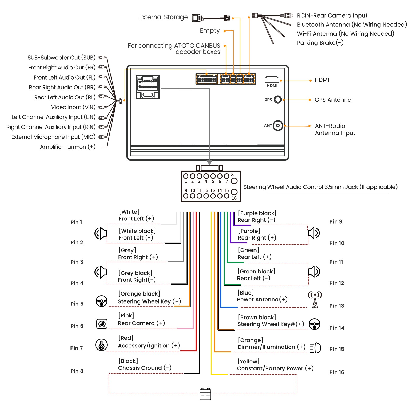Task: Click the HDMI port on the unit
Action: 272,79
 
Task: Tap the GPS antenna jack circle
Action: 278,99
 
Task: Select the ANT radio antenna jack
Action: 278,126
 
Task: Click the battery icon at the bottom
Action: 205,394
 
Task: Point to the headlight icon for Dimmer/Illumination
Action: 315,348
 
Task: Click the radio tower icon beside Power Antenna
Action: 315,300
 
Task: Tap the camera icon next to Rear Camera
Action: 102,324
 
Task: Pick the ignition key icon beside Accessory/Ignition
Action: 101,345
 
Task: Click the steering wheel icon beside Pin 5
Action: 101,301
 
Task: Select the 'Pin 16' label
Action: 337,372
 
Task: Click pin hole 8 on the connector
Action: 234,181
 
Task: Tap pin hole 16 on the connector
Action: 234,192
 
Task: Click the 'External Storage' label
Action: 163,17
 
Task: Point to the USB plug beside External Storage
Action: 198,18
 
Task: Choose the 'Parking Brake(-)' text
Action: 320,43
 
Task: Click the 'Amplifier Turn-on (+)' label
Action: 68,147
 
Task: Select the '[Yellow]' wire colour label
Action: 248,361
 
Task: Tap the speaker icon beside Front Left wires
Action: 101,233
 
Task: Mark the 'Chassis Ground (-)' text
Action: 145,368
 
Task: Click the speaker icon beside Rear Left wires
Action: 314,272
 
